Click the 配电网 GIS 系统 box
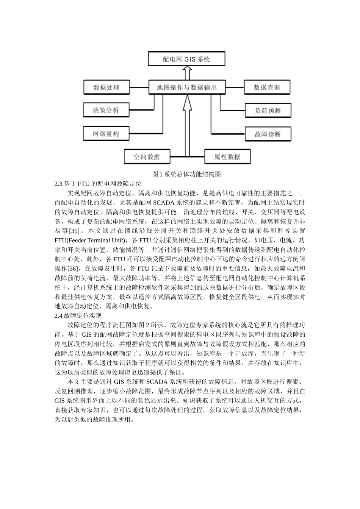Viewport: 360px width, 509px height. click(x=186, y=59)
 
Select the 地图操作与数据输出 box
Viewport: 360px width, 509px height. click(x=187, y=87)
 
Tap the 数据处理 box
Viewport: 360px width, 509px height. click(x=106, y=87)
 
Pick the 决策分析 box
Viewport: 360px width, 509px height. click(x=106, y=110)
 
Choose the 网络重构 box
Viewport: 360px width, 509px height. click(x=106, y=134)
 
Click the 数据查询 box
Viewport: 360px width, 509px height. click(x=267, y=87)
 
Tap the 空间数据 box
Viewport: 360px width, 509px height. click(x=147, y=157)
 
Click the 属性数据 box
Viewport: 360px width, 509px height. click(x=227, y=157)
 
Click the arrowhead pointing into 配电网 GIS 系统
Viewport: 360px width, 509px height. click(x=186, y=70)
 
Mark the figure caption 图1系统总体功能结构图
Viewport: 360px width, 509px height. click(x=186, y=174)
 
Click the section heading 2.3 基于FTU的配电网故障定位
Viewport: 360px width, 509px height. click(x=98, y=184)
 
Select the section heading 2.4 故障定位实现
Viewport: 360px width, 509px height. click(x=78, y=315)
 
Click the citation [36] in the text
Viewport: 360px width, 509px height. click(x=73, y=269)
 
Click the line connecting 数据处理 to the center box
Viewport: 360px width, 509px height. click(x=139, y=87)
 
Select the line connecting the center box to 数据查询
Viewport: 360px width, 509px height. click(x=235, y=87)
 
